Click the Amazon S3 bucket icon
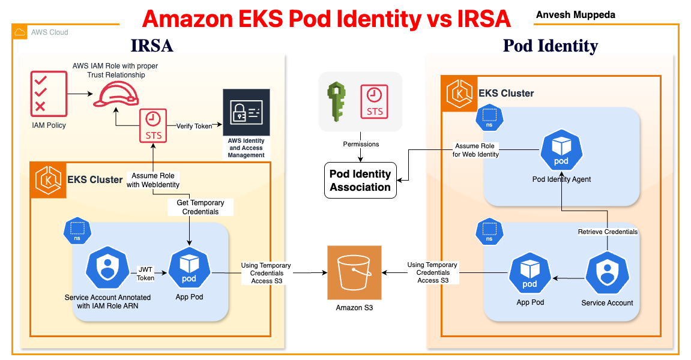pos(354,272)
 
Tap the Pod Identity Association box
pos(360,180)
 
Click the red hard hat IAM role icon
pos(116,94)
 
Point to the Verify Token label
pos(194,126)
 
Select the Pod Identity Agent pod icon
pos(561,151)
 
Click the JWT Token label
pos(146,274)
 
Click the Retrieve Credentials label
pos(608,232)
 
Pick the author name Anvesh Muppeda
pos(576,14)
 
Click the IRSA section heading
pos(152,46)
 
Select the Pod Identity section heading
pos(550,46)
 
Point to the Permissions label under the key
pos(361,144)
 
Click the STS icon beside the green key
pos(374,100)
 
